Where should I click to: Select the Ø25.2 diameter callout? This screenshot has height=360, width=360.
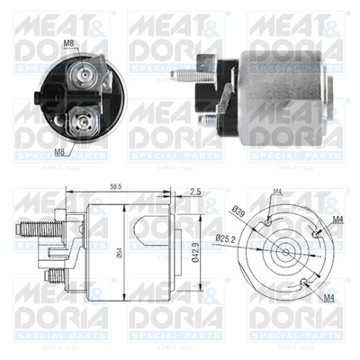[x=238, y=236]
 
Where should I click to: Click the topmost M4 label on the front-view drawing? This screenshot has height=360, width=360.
[x=277, y=191]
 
